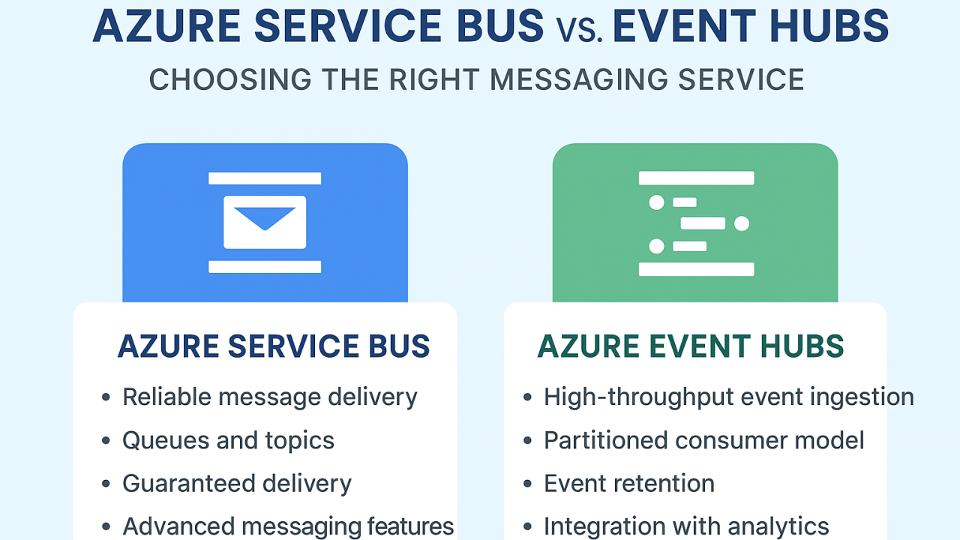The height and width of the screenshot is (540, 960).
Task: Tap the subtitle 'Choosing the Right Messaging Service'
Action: tap(476, 79)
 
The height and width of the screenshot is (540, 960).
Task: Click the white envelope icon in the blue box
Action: tap(265, 222)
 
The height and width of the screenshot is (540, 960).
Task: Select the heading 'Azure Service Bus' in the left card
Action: tap(274, 346)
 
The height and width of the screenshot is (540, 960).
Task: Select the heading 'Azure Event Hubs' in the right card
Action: tap(691, 346)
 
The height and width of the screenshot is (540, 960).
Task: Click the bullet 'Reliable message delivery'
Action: tap(269, 397)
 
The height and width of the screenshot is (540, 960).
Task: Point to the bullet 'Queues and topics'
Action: tap(228, 440)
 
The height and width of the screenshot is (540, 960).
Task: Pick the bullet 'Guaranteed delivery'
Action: tap(236, 484)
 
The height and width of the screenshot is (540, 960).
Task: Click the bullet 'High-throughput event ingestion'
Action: tap(728, 397)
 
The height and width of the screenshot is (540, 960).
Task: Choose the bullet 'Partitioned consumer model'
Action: tap(703, 440)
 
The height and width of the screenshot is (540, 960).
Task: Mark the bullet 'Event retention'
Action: tap(628, 484)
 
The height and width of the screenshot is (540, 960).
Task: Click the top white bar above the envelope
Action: tap(265, 178)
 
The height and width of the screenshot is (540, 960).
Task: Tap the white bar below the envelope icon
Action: tap(265, 266)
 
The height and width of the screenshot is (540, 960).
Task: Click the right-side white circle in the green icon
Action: tap(742, 223)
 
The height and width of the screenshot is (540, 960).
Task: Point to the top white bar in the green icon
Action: tap(696, 178)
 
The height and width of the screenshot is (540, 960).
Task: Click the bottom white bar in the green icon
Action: tap(696, 269)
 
